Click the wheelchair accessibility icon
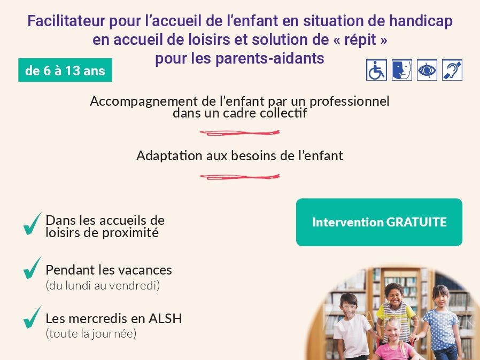(x=376, y=71)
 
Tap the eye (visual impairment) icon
(x=427, y=71)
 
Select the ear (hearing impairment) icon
(x=452, y=71)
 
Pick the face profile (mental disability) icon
(x=401, y=71)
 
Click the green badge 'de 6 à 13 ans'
(x=65, y=70)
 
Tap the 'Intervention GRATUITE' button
(x=379, y=222)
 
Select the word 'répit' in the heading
(x=360, y=40)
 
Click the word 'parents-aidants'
(x=270, y=58)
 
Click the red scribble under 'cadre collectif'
(x=239, y=133)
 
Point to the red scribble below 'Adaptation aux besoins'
(x=239, y=177)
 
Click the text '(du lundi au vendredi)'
(x=103, y=285)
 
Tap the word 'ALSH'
(x=165, y=318)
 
